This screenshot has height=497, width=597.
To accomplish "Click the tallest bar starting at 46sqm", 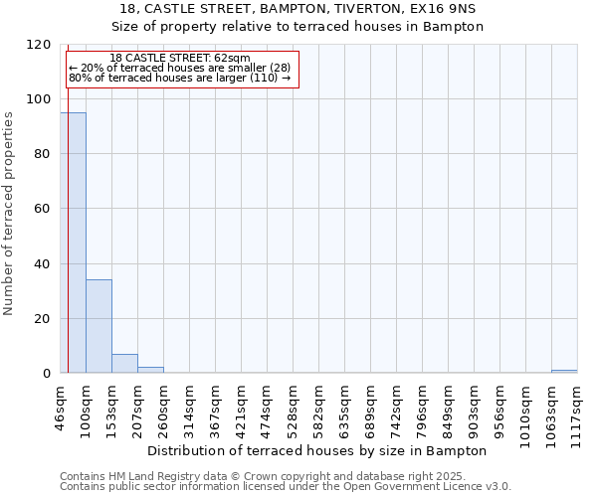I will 73,243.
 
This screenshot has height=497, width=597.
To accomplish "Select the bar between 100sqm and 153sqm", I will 99,326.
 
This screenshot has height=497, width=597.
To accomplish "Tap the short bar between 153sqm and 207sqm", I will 124,364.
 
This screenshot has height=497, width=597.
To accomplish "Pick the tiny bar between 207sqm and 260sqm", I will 150,370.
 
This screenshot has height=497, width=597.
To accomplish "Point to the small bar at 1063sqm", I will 564,372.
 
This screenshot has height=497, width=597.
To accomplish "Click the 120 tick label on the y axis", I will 39,45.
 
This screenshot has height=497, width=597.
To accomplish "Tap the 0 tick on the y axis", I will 47,374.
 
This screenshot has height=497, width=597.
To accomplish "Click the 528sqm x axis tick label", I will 293,408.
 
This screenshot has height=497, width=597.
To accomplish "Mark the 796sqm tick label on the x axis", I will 422,408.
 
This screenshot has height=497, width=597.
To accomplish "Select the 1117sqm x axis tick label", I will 577,411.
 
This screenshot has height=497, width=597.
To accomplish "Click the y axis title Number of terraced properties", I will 9,213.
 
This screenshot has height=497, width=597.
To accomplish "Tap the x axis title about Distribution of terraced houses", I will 323,450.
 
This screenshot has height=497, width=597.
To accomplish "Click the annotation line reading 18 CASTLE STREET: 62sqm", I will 180,59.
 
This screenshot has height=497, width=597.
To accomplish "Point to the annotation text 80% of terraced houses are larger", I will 180,78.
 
